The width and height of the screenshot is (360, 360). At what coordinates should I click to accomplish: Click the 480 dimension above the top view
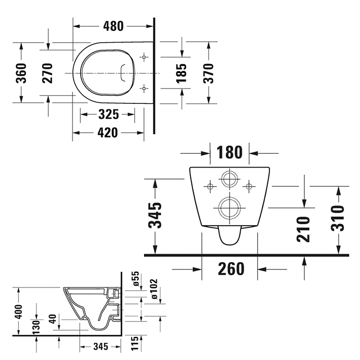click(x=113, y=24)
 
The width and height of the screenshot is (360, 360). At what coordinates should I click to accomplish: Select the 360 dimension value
click(x=21, y=73)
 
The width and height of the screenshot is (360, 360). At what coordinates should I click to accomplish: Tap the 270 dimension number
click(x=47, y=73)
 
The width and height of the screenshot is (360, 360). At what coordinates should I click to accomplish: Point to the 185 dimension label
click(x=182, y=73)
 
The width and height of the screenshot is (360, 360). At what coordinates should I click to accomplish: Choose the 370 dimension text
click(x=209, y=73)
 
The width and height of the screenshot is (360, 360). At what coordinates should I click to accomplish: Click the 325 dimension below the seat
click(x=109, y=114)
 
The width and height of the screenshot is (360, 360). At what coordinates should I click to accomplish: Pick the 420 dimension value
click(x=108, y=133)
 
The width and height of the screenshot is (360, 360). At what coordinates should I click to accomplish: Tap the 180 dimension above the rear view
click(x=229, y=152)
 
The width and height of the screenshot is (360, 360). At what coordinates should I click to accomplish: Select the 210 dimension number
click(x=304, y=229)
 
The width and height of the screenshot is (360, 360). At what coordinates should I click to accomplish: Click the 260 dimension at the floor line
click(x=229, y=268)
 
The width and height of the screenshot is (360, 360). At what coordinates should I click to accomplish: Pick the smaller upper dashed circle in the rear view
click(x=229, y=180)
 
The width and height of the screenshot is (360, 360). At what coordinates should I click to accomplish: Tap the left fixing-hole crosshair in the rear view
click(x=210, y=186)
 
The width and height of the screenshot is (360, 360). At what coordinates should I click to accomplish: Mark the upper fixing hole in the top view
click(x=145, y=56)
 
